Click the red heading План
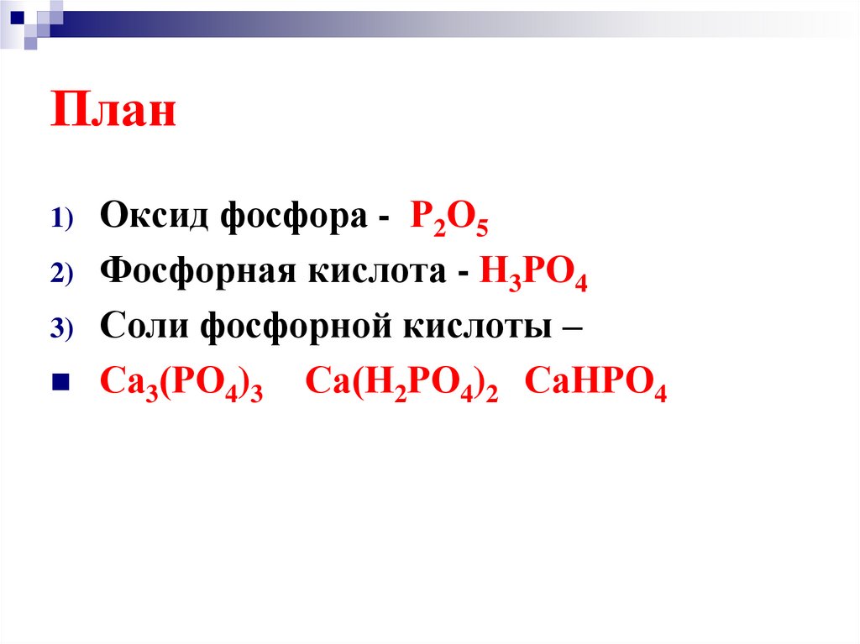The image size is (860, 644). (x=114, y=112)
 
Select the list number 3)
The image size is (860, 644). (x=62, y=328)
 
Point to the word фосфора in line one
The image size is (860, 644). (x=291, y=217)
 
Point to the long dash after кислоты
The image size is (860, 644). (x=569, y=329)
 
